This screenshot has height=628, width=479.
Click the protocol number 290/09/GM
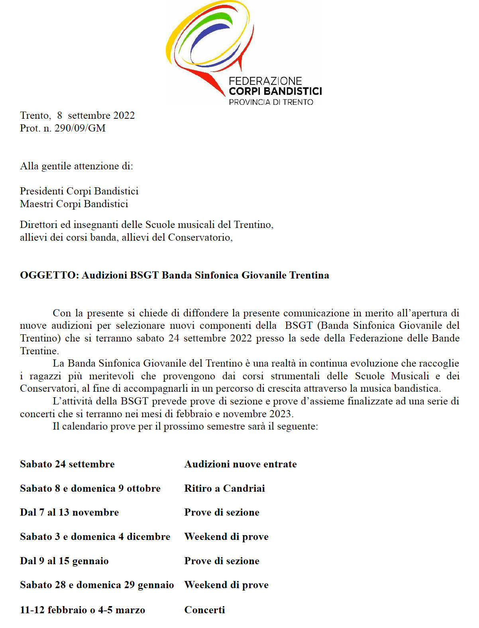[80, 128]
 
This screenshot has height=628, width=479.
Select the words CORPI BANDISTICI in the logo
[275, 91]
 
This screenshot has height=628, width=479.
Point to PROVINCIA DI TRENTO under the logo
[271, 102]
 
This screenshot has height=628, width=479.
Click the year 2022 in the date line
[124, 116]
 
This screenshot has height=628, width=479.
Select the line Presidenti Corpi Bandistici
[79, 191]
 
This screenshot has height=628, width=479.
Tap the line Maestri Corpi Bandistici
[74, 204]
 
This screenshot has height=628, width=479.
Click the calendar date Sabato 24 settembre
[67, 464]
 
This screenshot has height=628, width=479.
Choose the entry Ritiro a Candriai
[224, 489]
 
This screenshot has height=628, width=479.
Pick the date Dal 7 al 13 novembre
[69, 512]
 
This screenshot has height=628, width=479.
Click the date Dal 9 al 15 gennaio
[64, 561]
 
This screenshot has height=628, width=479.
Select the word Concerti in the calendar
[204, 610]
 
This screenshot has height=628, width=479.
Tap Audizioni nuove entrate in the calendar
[240, 464]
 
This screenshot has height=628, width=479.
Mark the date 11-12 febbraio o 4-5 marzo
[82, 610]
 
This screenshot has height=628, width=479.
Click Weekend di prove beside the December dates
[226, 537]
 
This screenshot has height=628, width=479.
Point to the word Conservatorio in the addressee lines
[199, 237]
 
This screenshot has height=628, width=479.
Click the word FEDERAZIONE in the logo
[265, 81]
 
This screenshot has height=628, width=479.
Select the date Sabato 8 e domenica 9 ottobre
[90, 489]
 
